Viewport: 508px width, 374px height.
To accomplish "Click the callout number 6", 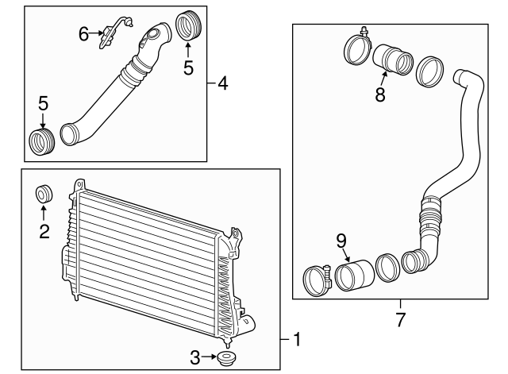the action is [83, 34].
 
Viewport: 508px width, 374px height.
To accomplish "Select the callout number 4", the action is [223, 83].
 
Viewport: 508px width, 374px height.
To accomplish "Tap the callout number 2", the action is [44, 231].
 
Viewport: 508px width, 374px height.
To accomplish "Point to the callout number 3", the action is [194, 357].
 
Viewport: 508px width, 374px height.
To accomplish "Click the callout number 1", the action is [297, 339].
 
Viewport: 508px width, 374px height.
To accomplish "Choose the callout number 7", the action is [400, 320].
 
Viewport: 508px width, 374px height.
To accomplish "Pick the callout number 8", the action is [380, 94].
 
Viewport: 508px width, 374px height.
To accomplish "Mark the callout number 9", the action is [341, 241].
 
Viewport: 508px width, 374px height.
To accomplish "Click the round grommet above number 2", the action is [44, 194].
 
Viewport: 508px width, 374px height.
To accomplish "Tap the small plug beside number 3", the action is [226, 358].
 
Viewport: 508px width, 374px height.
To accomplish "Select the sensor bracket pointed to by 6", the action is [114, 32].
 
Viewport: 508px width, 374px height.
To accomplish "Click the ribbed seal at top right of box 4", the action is [188, 26].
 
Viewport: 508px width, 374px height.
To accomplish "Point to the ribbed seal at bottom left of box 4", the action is [42, 141].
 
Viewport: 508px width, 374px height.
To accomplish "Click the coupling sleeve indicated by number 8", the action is [393, 60].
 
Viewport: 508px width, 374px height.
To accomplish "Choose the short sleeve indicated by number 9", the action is [354, 276].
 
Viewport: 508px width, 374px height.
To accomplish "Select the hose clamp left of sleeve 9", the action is [317, 280].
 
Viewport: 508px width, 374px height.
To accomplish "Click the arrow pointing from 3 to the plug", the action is [210, 357].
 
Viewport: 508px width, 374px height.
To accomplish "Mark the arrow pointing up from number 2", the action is [44, 214].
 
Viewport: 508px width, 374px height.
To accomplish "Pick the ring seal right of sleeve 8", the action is [429, 71].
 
